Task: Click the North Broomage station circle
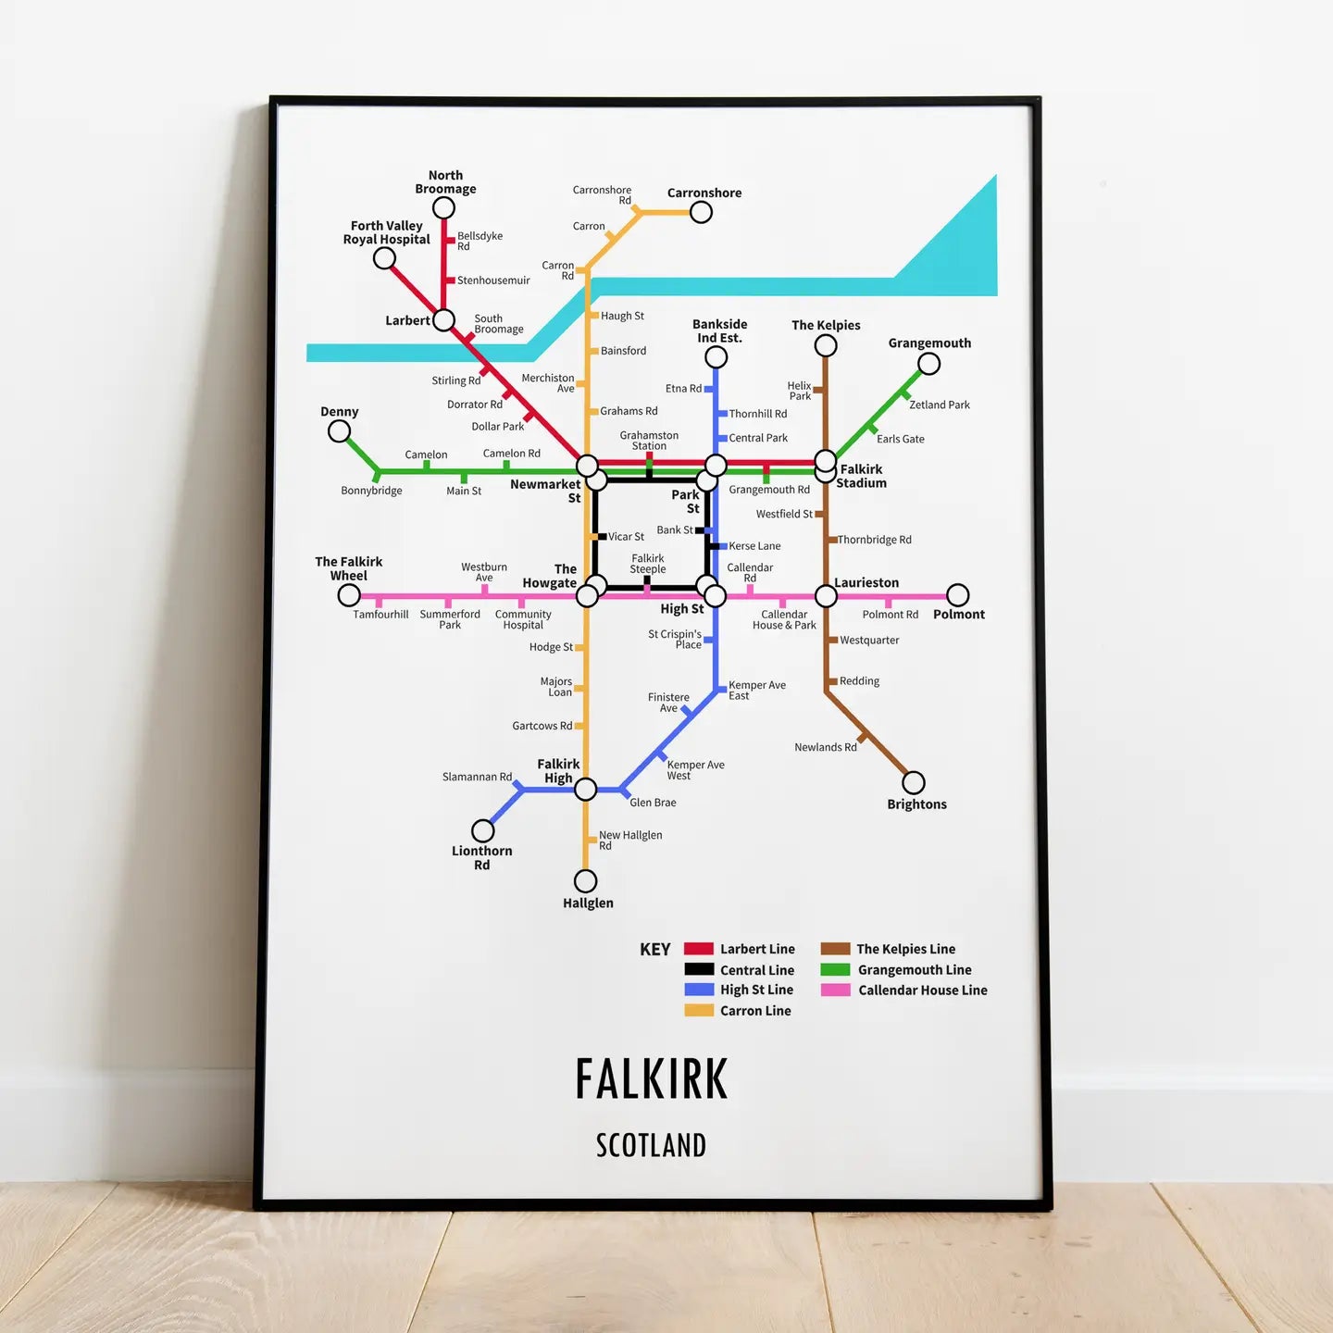[444, 208]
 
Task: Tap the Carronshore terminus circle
[701, 212]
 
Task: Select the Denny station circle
[340, 431]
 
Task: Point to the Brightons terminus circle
[914, 782]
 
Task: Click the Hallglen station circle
[585, 880]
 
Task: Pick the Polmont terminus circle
[958, 595]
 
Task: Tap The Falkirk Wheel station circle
[349, 595]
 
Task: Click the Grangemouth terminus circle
[928, 363]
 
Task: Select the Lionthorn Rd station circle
[482, 830]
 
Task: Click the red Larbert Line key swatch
[699, 949]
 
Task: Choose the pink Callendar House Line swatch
[835, 990]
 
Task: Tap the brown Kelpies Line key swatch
[835, 949]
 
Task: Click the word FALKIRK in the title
[652, 1079]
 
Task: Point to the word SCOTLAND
[651, 1146]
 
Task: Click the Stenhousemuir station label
[493, 280]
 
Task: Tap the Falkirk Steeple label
[648, 564]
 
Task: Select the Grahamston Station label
[649, 441]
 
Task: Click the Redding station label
[859, 681]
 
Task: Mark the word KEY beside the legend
[655, 950]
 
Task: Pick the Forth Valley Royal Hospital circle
[384, 258]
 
